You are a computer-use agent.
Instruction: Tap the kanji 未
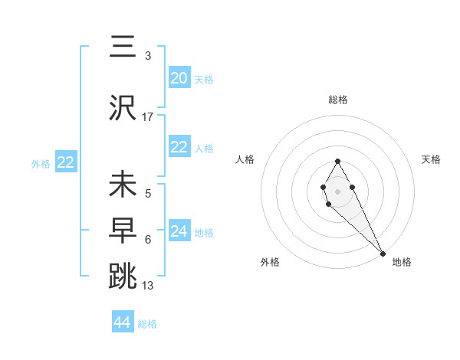point(123,185)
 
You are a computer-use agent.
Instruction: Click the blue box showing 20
point(179,78)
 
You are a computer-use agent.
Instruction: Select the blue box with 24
point(179,231)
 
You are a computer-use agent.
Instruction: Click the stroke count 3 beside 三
point(148,56)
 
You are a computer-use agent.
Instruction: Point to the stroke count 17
point(148,117)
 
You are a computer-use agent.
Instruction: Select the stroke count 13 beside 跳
point(148,286)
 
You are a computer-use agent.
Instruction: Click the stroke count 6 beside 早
point(148,240)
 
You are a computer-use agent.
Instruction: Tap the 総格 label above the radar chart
point(338,100)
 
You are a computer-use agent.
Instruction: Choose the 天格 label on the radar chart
point(431,159)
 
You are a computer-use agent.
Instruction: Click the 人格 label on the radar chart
point(245,159)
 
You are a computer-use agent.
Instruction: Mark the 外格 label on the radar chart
point(269,262)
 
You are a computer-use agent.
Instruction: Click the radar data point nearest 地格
point(383,253)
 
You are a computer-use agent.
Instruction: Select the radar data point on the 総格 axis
point(337,161)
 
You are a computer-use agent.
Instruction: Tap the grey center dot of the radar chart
point(337,190)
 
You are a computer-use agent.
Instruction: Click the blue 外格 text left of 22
point(41,163)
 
